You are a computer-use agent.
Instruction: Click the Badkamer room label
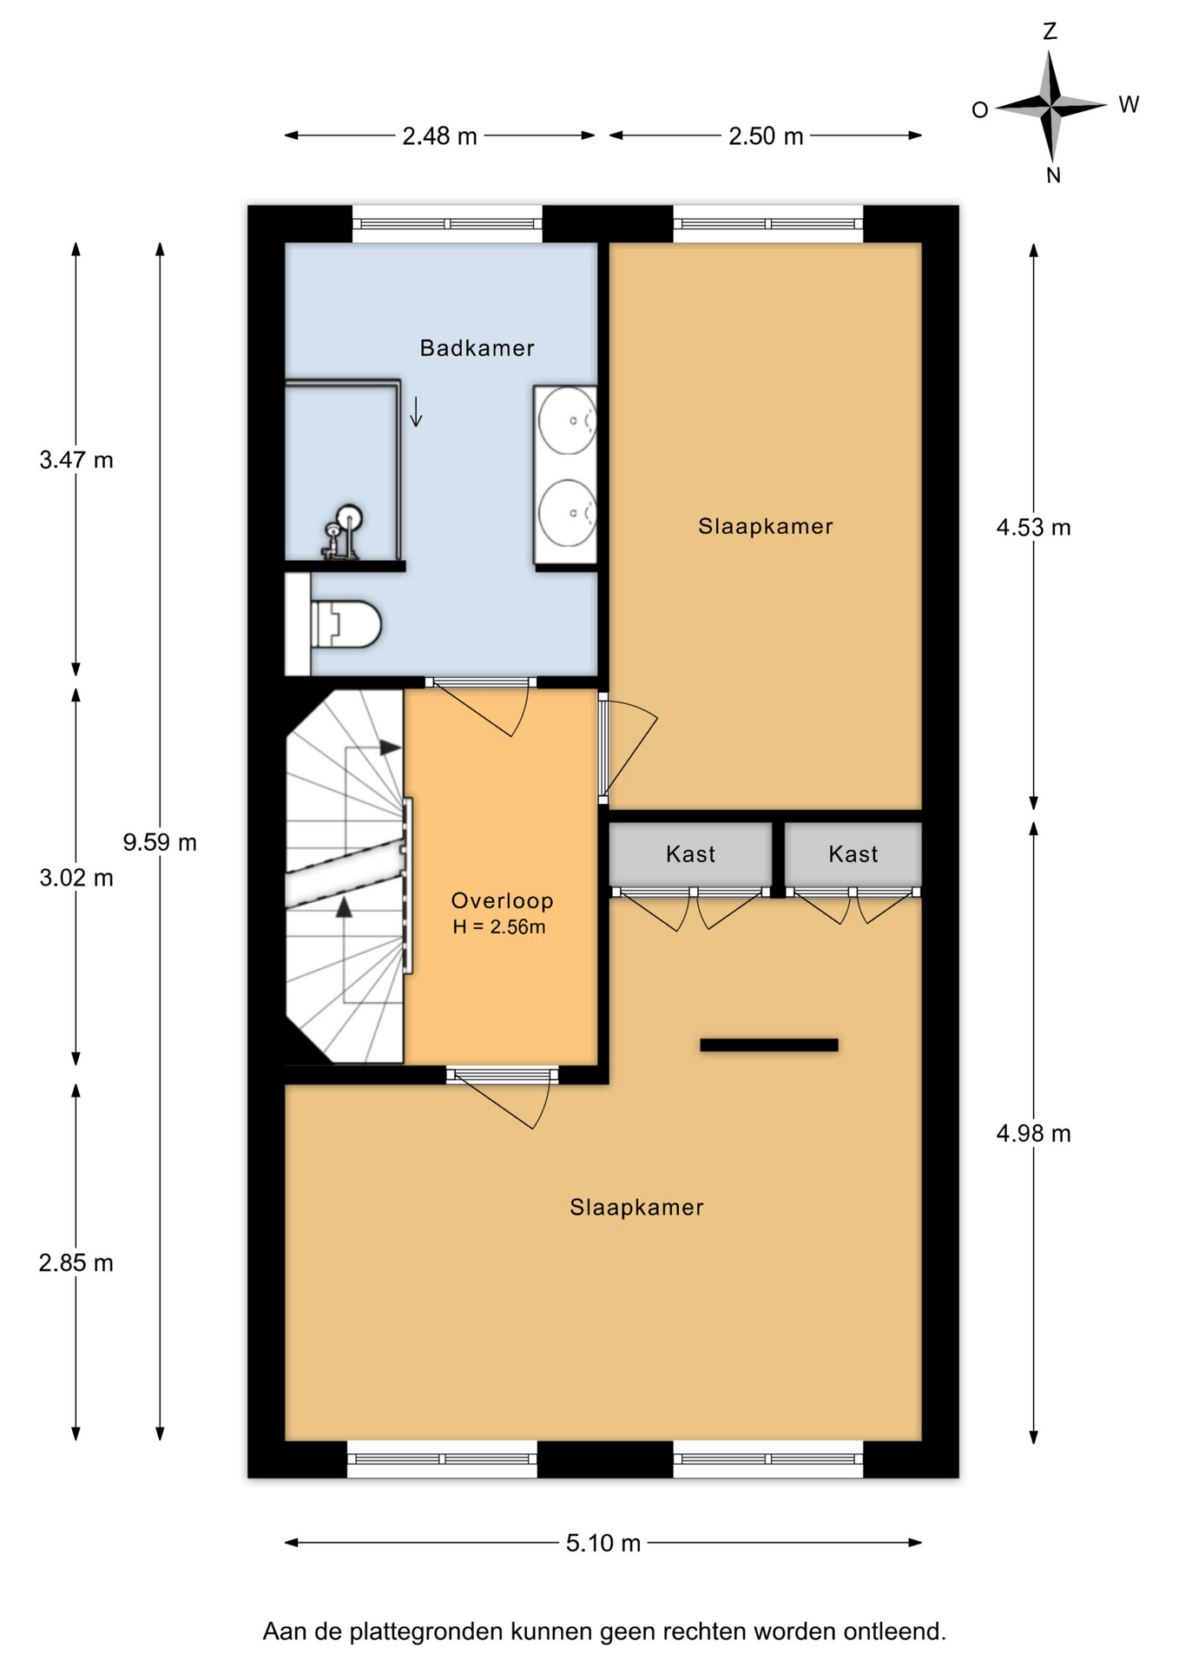tap(477, 348)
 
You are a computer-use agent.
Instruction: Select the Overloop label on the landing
tap(503, 900)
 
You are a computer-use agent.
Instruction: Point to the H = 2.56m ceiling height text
tap(499, 926)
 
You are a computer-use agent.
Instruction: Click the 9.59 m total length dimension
tap(160, 842)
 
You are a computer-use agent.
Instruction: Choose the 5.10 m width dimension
tap(603, 1543)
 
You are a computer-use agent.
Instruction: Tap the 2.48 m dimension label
tap(439, 136)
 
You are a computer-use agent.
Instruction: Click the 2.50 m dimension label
tap(766, 136)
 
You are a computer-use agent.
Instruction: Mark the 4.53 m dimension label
tap(1033, 527)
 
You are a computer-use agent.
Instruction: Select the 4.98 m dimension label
tap(1033, 1133)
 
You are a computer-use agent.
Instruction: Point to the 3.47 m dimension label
tap(76, 459)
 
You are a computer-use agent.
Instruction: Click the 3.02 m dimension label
tap(76, 878)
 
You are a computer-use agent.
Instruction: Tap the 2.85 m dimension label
tap(76, 1262)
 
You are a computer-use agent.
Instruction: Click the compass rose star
tap(1051, 106)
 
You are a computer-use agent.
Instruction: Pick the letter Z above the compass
tap(1051, 32)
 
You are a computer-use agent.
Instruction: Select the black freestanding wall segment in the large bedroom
tap(769, 1045)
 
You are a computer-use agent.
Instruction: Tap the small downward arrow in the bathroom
tap(417, 412)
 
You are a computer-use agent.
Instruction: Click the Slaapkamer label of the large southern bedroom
tap(636, 1207)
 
